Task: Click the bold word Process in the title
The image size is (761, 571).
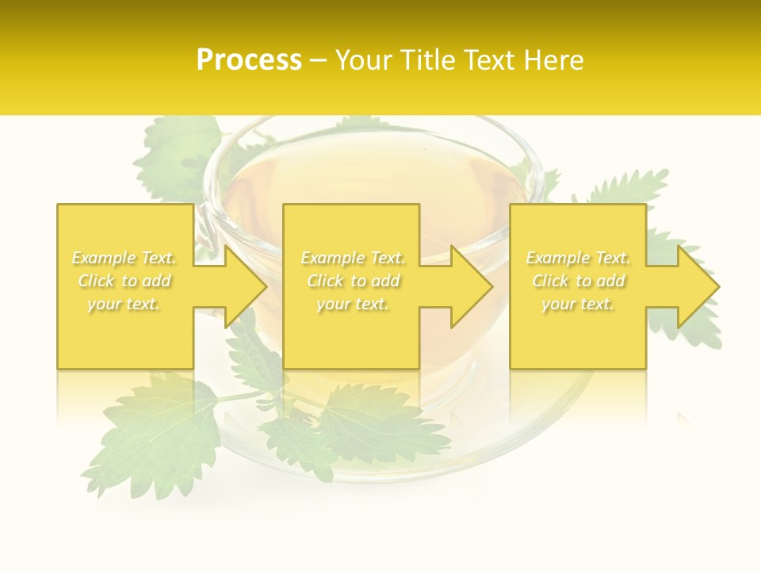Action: [249, 60]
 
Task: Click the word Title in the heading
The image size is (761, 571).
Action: [430, 60]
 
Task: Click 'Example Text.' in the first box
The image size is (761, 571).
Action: [124, 258]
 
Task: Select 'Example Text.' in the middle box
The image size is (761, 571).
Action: [353, 258]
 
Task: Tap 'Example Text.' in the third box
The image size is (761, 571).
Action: [578, 258]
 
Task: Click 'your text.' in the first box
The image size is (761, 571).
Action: [124, 304]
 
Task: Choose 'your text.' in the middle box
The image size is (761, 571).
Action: [353, 304]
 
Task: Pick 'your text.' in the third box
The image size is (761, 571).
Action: [578, 304]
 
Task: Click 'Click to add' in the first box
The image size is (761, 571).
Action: [124, 281]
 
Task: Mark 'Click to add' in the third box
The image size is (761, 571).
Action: [578, 281]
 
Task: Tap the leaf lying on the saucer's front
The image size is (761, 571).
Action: [373, 420]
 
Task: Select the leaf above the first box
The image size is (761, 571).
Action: [178, 155]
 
